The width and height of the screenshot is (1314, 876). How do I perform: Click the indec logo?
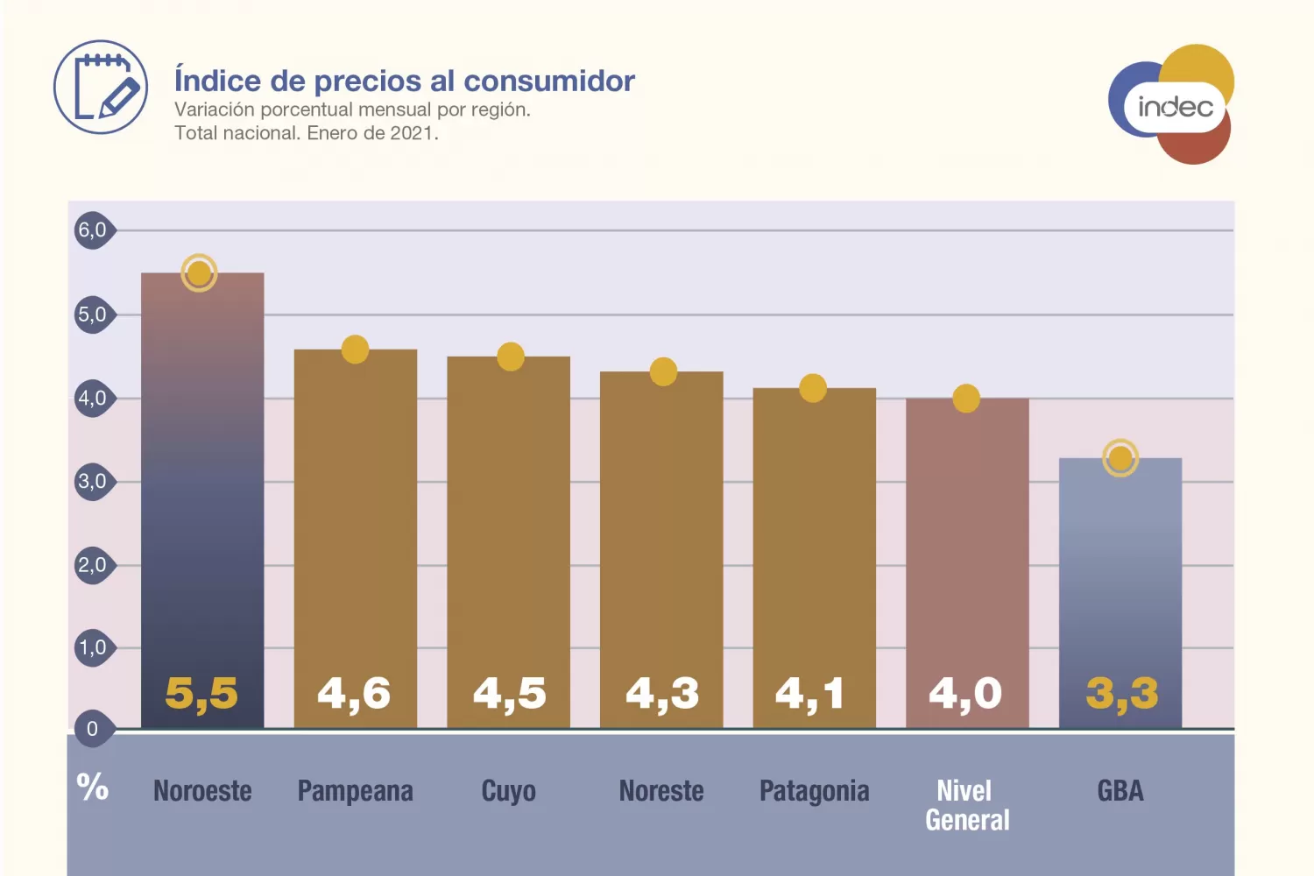1172,105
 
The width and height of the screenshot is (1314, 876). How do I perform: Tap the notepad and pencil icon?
101,87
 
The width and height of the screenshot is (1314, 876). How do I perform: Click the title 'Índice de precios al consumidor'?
404,81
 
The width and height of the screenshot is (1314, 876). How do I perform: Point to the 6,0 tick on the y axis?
93,230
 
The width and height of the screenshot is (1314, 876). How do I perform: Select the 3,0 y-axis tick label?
93,481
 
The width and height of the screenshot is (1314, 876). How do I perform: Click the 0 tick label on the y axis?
92,729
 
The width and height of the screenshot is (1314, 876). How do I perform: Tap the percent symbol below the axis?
93,787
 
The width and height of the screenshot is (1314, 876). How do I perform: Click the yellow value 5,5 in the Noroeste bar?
201,693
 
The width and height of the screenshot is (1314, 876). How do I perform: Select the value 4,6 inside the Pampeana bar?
354,693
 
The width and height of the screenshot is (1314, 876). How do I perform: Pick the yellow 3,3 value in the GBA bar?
1121,693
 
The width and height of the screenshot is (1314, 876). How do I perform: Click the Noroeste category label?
202,791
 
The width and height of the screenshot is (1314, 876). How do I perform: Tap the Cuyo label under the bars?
508,791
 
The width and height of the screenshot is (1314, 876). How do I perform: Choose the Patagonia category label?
814,791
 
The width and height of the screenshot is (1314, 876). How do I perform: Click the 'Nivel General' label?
967,805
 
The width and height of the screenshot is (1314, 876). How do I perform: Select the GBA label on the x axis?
1120,791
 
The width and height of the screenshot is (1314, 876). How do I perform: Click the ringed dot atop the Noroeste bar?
199,273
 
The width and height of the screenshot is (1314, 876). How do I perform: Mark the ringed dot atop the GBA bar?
1120,458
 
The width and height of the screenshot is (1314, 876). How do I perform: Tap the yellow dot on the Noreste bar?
663,371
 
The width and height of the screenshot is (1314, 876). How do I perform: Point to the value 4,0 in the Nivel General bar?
965,693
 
